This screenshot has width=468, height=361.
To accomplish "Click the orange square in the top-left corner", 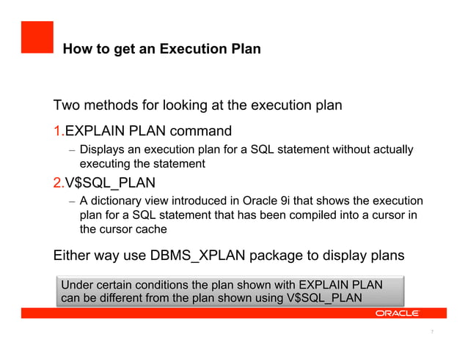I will tap(37, 37).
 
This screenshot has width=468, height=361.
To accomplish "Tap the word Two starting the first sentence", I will tap(67, 105).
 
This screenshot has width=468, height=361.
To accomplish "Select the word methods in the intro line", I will tap(116, 105).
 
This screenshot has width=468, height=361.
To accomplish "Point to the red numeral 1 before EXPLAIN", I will tap(58, 132).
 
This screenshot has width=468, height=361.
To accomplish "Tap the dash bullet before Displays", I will tap(71, 151).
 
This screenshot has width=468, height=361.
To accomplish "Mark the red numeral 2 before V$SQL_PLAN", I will tap(58, 182).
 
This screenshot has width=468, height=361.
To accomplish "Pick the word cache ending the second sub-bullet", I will tap(150, 228).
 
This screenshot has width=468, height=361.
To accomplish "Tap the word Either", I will tap(73, 256).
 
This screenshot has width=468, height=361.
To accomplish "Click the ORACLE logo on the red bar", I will tap(397, 313).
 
